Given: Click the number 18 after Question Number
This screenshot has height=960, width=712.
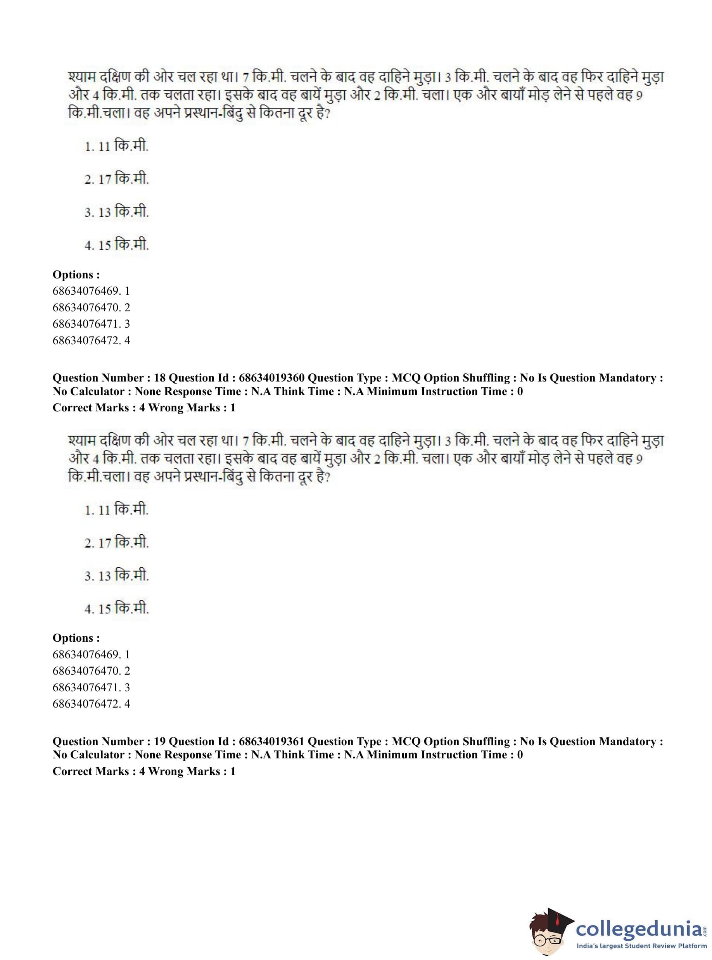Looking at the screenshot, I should (159, 378).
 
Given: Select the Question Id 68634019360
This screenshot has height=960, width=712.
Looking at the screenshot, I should (271, 378).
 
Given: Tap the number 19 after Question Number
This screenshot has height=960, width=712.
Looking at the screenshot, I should (159, 742).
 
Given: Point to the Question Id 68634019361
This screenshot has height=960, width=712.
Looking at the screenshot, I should (271, 742).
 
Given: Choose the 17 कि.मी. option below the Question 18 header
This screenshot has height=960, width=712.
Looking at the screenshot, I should (116, 543).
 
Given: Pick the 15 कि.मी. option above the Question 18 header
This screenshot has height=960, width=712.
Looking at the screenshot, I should (116, 245).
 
